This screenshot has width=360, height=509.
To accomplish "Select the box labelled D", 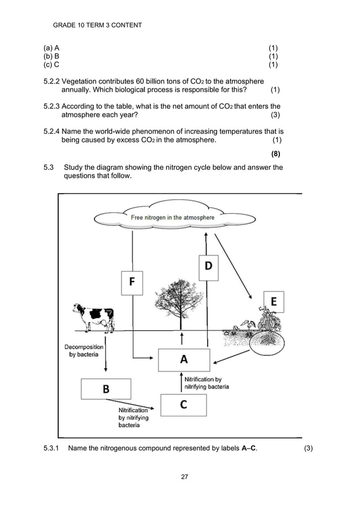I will tap(208, 266).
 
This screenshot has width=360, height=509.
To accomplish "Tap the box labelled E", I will tap(273, 301).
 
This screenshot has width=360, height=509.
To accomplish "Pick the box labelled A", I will tap(183, 359).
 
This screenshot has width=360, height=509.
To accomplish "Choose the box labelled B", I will tap(106, 389).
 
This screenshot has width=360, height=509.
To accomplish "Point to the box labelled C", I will tap(183, 405).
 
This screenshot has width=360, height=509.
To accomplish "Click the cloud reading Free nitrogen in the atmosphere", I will tap(172, 218).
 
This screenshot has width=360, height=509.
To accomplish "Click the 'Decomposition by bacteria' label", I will tap(84, 350).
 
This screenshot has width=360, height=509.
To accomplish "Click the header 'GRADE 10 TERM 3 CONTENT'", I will tap(97, 25).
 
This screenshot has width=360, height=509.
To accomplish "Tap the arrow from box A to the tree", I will tap(182, 339).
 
